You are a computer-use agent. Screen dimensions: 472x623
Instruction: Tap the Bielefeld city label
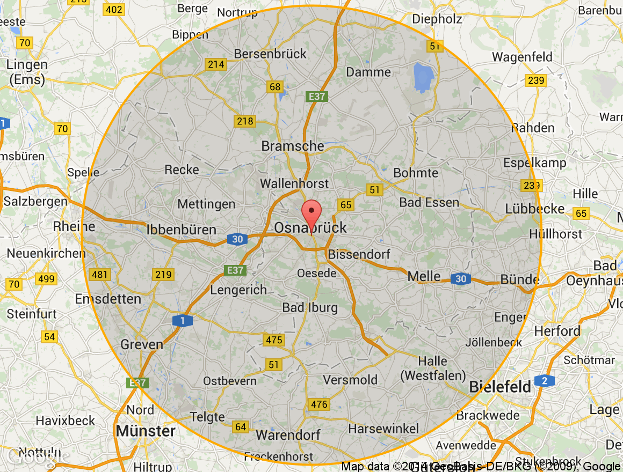pos(500,387)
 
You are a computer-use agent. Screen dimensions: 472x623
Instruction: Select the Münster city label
pos(146,431)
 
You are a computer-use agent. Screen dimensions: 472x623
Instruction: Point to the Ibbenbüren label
pos(182,230)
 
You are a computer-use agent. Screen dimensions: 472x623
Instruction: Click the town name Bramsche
pos(293,146)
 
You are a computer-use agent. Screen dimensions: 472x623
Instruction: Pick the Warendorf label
pos(288,434)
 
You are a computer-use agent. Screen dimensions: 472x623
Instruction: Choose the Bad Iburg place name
pos(310,308)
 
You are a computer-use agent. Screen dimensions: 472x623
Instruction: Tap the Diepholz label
pos(437,19)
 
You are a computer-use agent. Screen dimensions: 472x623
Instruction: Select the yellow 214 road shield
pos(216,64)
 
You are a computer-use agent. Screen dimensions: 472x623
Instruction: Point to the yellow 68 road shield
pos(275,87)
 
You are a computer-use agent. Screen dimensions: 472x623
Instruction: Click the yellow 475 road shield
pos(274,340)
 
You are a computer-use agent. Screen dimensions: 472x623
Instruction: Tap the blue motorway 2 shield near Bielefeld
pos(545,381)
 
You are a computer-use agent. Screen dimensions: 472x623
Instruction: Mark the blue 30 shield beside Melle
pos(460,279)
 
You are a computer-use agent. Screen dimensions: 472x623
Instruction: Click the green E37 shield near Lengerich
pos(235,270)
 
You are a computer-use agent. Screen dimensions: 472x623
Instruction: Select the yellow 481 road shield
pos(100,275)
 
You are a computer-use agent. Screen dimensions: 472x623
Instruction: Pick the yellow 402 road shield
pos(114,10)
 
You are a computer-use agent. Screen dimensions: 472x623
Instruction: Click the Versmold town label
pos(350,380)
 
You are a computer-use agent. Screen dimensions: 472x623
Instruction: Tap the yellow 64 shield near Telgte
pos(241,427)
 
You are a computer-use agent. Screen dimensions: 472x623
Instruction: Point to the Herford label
pos(557,331)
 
